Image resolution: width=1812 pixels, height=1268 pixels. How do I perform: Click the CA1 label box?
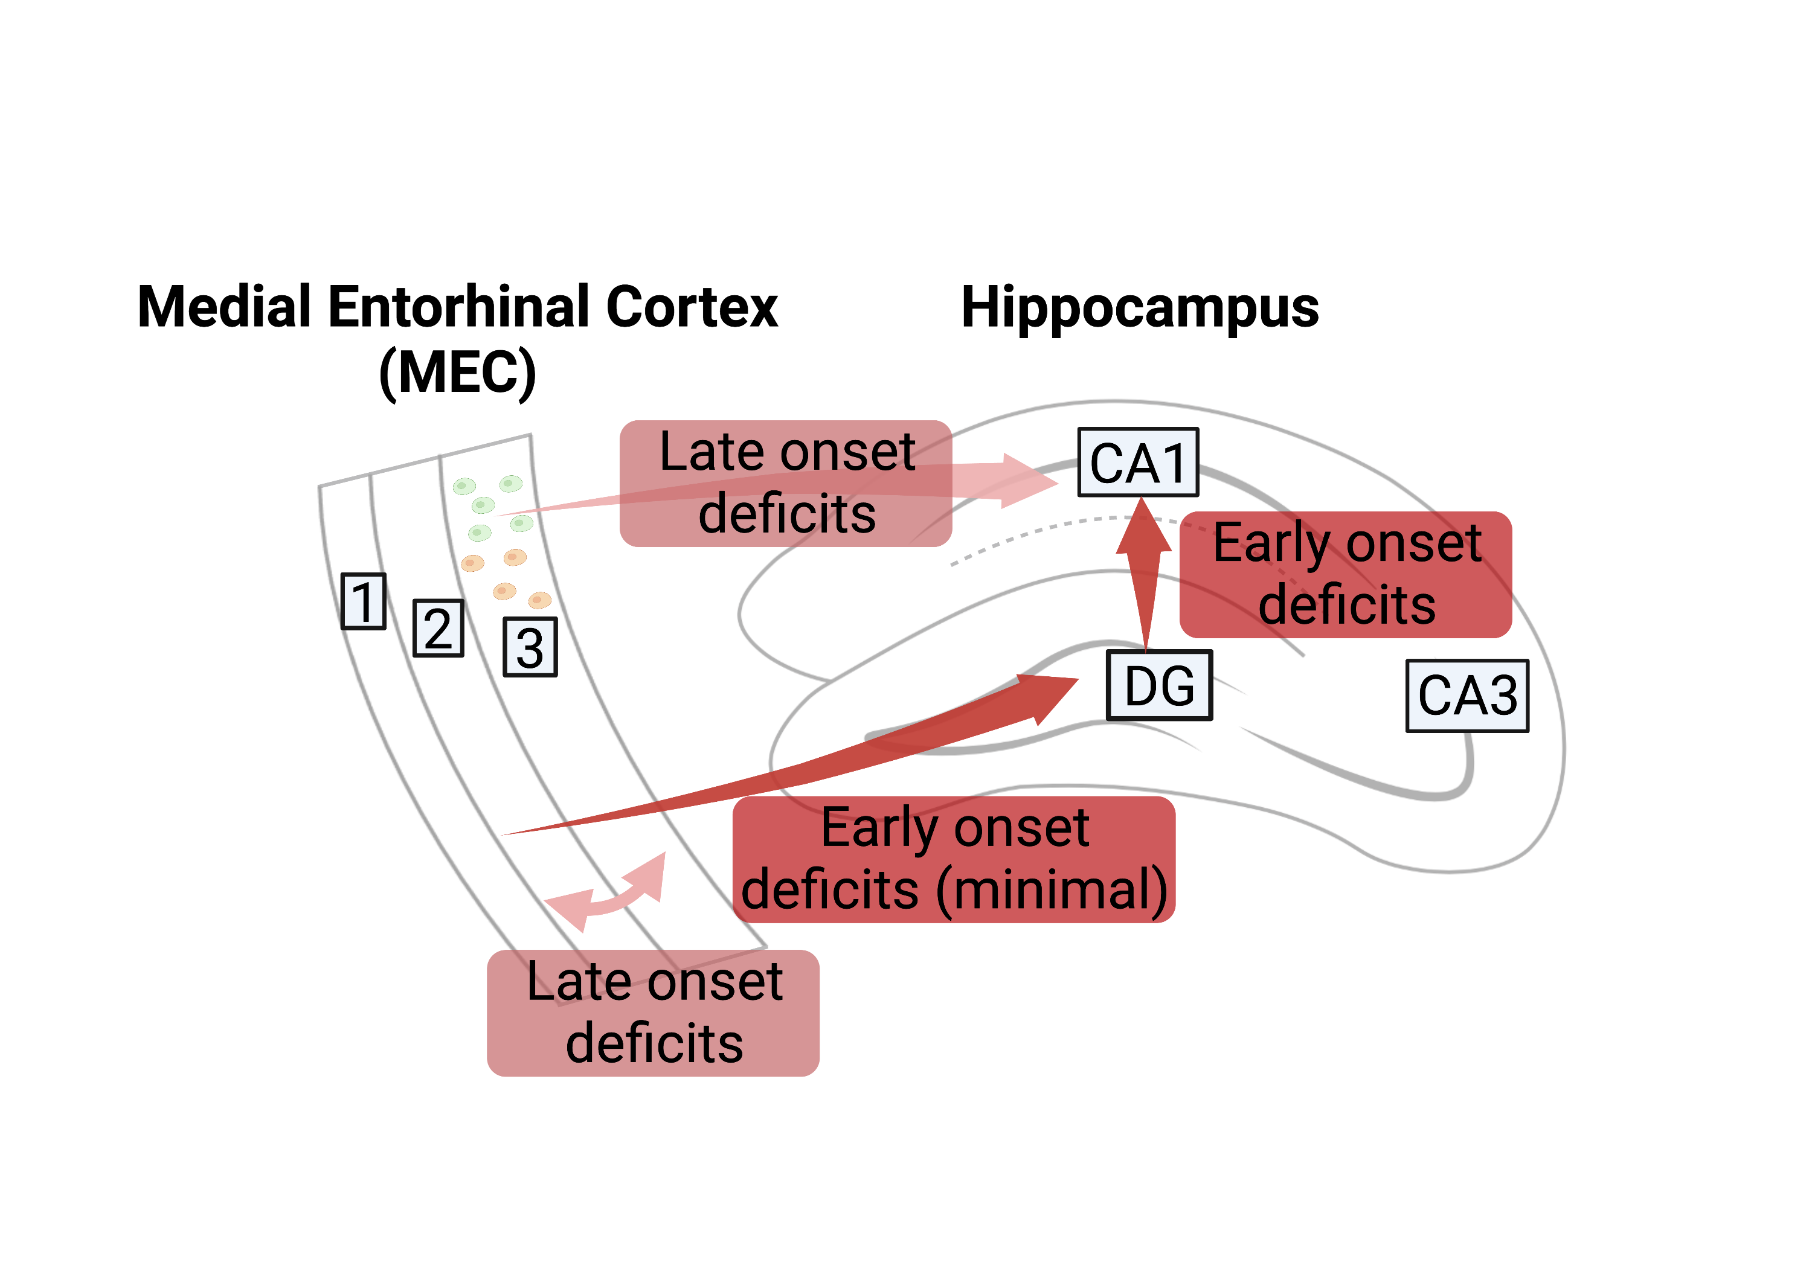pyautogui.click(x=1138, y=463)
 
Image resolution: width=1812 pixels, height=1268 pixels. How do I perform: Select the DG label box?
pyautogui.click(x=1158, y=685)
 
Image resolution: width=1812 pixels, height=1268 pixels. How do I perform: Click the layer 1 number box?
pyautogui.click(x=363, y=601)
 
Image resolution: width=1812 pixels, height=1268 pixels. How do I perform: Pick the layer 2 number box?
pyautogui.click(x=438, y=628)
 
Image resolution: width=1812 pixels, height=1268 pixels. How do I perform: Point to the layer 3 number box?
pyautogui.click(x=530, y=647)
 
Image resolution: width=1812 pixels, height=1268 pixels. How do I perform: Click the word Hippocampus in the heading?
pyautogui.click(x=1140, y=308)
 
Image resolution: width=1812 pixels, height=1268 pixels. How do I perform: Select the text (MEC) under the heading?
pyautogui.click(x=458, y=373)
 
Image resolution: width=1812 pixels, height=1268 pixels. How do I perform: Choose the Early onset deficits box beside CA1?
pyautogui.click(x=1346, y=574)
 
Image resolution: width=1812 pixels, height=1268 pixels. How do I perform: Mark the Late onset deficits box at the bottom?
pyautogui.click(x=654, y=1013)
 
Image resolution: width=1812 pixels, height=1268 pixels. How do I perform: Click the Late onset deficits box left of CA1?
pyautogui.click(x=785, y=483)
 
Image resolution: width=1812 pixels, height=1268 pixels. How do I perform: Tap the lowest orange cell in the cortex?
pyautogui.click(x=540, y=600)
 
